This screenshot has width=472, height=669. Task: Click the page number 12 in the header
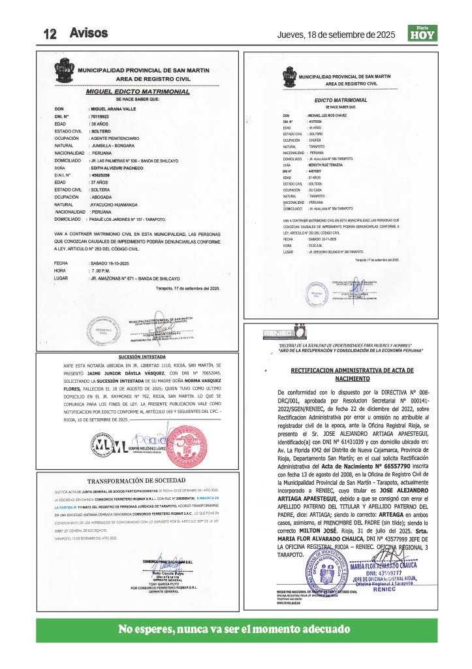(x=52, y=34)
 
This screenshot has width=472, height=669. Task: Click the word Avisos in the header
(x=89, y=33)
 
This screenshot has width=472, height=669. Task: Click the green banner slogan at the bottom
(x=234, y=630)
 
